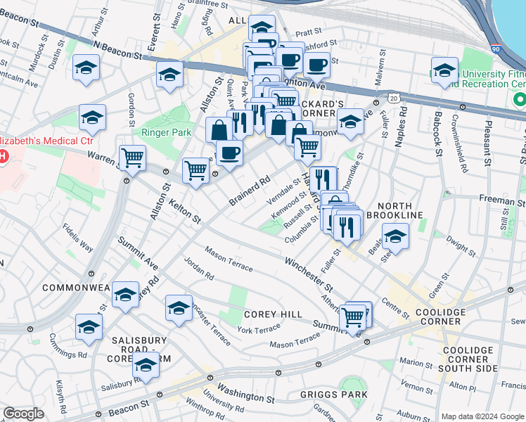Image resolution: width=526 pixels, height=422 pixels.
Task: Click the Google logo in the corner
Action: [x=23, y=414]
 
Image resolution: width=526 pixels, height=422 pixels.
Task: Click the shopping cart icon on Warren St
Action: [x=132, y=158]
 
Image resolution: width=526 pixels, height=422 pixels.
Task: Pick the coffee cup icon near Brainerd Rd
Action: [x=229, y=152]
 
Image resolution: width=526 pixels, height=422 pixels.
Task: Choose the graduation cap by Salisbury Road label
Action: [x=146, y=364]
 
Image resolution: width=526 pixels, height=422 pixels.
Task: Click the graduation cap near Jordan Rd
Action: [x=179, y=307]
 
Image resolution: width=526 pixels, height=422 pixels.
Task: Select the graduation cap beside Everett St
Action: [x=169, y=73]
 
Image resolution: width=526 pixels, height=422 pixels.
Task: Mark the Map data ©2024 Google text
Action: [x=482, y=416]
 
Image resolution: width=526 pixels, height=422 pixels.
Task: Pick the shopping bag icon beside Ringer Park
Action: [x=219, y=129]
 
